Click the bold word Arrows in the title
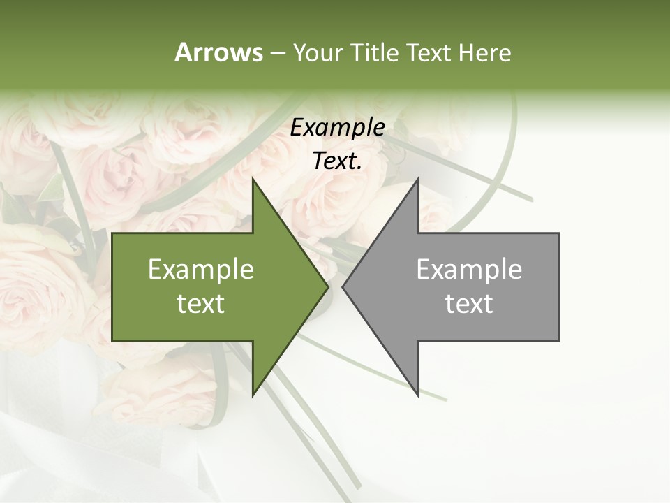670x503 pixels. click(218, 52)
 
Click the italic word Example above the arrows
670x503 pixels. click(337, 127)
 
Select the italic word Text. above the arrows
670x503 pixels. click(337, 161)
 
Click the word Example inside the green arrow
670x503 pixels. click(201, 269)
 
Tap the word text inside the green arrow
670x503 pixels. click(201, 304)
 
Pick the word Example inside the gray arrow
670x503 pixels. click(469, 269)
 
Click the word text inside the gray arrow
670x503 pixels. click(469, 304)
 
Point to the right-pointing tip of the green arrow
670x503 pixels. click(328, 286)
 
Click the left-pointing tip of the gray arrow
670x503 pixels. click(343, 286)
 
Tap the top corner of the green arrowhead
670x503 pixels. click(253, 179)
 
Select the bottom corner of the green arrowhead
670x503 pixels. click(253, 395)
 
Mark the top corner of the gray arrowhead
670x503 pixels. click(417, 179)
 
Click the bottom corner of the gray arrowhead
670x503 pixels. click(417, 395)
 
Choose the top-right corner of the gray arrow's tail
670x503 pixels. click(558, 233)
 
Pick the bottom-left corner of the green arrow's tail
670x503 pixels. click(112, 341)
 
